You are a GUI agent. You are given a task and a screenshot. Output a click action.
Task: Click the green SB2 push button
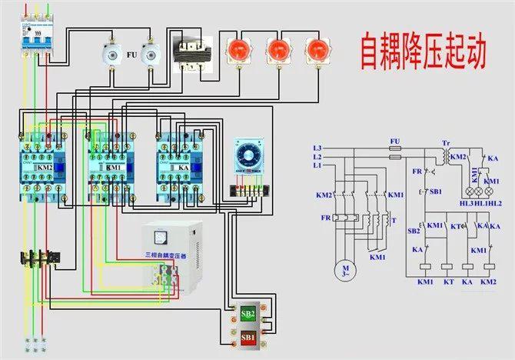point(248,314)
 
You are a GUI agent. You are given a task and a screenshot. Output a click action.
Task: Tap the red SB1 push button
point(248,338)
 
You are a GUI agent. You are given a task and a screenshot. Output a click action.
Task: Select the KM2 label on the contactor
point(45,166)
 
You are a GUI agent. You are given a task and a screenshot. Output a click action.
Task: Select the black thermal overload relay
point(38,258)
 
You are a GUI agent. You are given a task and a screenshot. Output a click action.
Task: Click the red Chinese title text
point(424,51)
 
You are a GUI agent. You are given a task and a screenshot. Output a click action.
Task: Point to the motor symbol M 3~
point(340,269)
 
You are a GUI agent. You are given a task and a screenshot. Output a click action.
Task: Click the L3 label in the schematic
point(317,148)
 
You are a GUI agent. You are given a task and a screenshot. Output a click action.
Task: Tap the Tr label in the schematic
point(446,143)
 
